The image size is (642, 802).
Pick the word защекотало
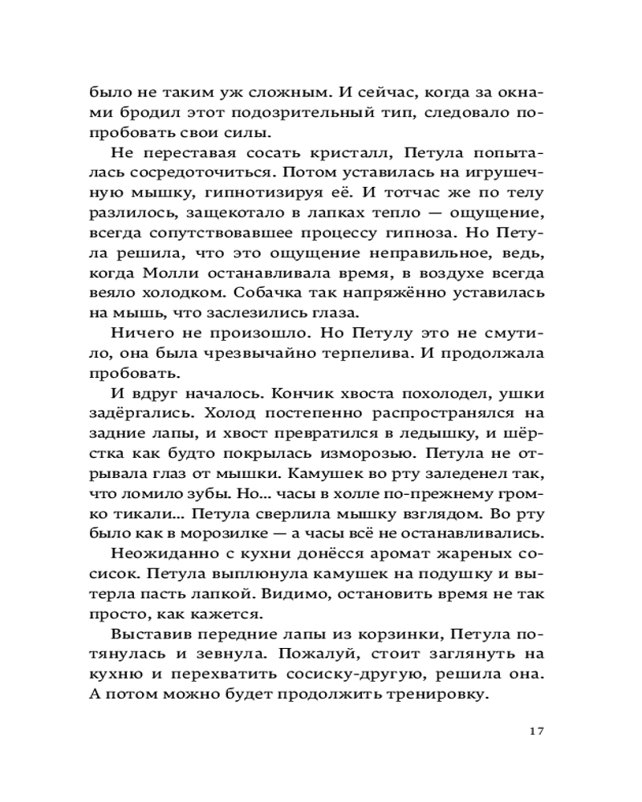(242, 234)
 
